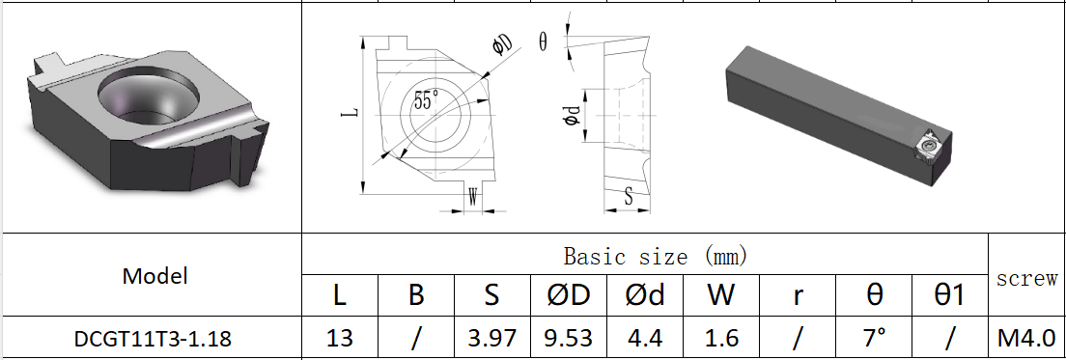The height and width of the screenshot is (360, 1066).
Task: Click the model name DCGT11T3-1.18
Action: pos(152,339)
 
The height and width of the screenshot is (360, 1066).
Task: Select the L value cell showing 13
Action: pos(339,339)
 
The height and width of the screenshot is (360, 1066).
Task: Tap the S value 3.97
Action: pos(491,339)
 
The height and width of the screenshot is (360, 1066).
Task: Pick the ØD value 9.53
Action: pos(568,339)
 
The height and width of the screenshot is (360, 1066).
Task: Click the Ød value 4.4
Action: pos(644,339)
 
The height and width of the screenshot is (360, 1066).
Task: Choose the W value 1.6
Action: pos(720,339)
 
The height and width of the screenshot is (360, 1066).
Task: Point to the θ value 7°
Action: pos(874,339)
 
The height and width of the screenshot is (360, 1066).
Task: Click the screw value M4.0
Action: pos(1026,339)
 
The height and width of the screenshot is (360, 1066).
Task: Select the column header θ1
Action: pos(950,295)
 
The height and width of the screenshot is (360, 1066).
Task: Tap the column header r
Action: pos(798,295)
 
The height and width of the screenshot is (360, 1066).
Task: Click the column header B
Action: pos(415,295)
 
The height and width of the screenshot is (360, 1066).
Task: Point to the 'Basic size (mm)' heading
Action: pos(646,257)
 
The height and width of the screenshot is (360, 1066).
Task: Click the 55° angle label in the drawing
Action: pos(426,100)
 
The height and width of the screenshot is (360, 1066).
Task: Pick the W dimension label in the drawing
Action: pos(472,193)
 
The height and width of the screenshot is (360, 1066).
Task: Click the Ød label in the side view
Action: pos(573,115)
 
